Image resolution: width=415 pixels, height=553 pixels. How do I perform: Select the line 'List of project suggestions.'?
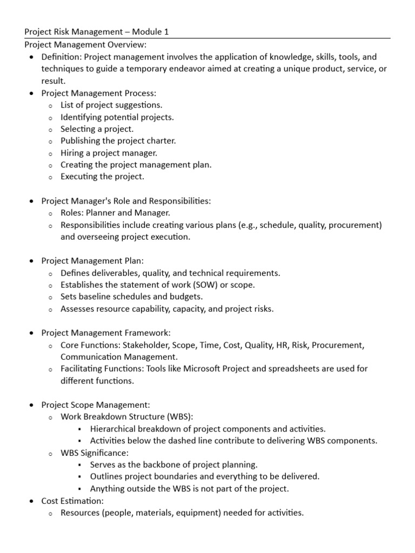click(x=111, y=105)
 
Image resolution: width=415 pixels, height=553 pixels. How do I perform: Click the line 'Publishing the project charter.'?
click(x=118, y=141)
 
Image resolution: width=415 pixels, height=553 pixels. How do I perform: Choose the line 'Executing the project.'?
click(x=103, y=177)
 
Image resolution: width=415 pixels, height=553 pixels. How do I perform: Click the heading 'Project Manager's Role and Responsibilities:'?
click(x=126, y=201)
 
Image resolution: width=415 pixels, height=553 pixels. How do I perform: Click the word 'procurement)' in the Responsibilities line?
click(x=358, y=225)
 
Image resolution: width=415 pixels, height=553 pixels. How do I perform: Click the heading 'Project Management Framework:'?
click(x=105, y=333)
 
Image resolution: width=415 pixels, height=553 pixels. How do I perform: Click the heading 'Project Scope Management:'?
click(x=96, y=404)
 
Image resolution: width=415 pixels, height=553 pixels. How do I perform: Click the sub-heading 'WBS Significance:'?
click(x=95, y=453)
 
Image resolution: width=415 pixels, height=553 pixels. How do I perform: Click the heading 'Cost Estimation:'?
click(x=72, y=501)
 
